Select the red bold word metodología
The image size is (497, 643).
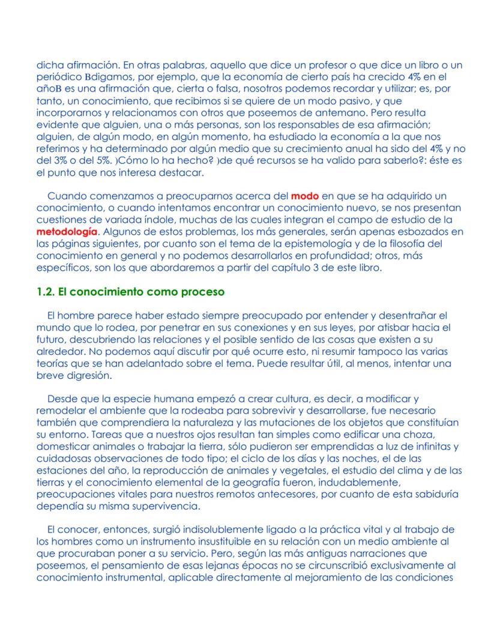pos(65,231)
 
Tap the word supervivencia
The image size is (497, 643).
pos(166,506)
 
